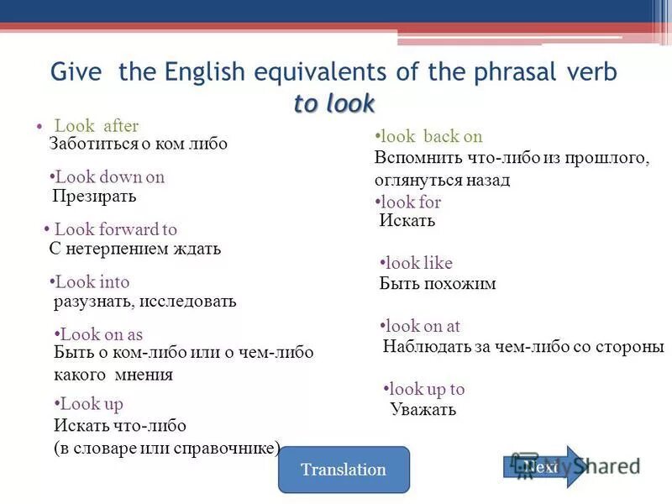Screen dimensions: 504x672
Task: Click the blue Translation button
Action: click(343, 470)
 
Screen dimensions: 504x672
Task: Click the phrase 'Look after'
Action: click(96, 126)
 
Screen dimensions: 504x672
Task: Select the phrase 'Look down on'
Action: click(109, 177)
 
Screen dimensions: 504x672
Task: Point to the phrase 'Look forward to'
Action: click(115, 229)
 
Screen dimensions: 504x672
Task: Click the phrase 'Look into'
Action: click(92, 282)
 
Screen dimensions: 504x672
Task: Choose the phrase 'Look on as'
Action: click(102, 334)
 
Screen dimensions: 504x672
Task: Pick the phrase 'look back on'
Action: click(431, 137)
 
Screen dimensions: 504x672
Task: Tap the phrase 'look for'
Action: click(411, 202)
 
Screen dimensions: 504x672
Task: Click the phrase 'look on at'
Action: click(423, 326)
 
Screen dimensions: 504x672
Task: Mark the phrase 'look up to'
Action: click(428, 389)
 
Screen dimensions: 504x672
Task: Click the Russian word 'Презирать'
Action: click(94, 197)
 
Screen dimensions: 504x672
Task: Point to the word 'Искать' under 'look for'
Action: click(407, 221)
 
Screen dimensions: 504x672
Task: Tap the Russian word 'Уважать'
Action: click(423, 409)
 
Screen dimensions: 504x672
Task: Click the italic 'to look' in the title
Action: click(334, 103)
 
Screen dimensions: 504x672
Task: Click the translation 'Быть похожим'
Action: click(438, 284)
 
